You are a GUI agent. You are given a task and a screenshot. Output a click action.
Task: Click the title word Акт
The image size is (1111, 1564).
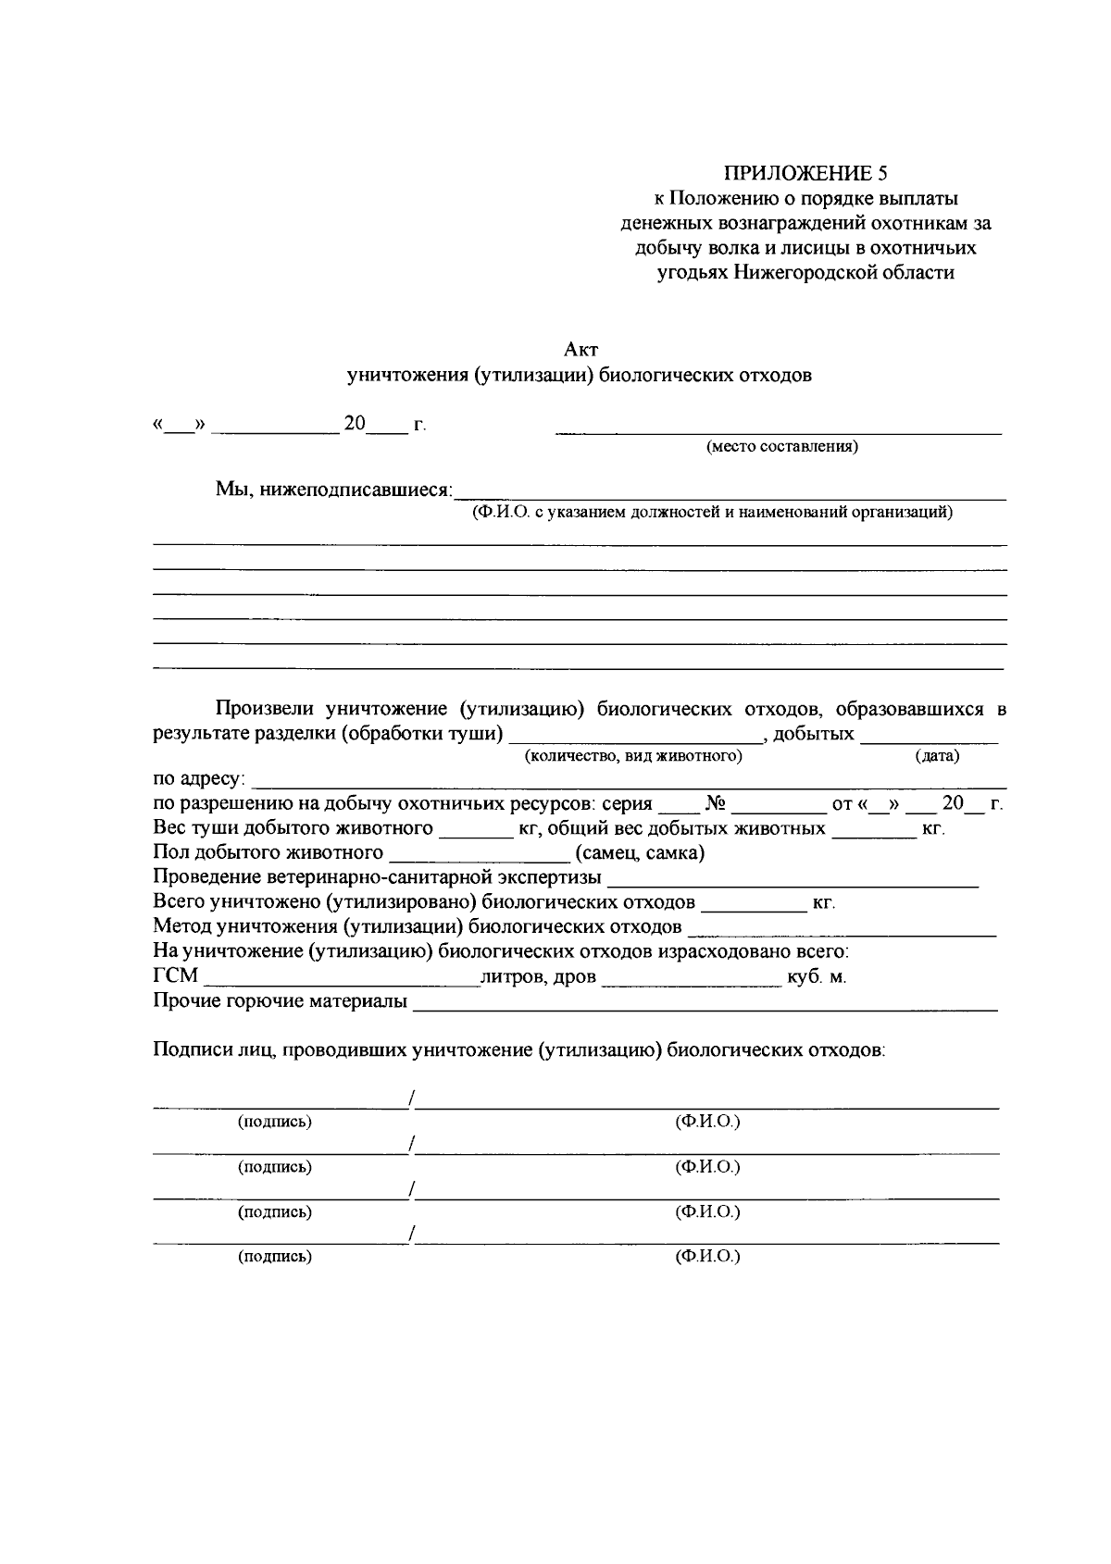tap(580, 350)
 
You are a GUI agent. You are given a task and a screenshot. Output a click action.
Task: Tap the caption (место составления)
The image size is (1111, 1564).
tap(781, 447)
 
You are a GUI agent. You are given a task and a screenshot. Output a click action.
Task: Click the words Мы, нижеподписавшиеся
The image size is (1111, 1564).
tap(334, 489)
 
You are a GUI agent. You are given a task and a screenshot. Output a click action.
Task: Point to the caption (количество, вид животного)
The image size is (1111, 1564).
tap(633, 756)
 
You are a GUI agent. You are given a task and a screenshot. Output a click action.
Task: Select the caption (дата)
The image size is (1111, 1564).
tap(936, 756)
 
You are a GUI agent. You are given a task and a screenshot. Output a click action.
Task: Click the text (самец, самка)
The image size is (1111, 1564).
tap(640, 852)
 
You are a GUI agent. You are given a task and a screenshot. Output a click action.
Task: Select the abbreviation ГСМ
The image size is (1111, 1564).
tap(175, 976)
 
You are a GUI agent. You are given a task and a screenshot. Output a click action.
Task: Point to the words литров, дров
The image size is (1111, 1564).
tap(538, 976)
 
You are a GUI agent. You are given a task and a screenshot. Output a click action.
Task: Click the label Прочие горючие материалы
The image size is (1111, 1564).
tap(280, 1001)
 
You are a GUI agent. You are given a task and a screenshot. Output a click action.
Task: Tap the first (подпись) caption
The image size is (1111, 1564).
tap(275, 1122)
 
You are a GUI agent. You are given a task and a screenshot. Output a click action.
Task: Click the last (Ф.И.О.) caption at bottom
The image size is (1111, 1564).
tap(708, 1257)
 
